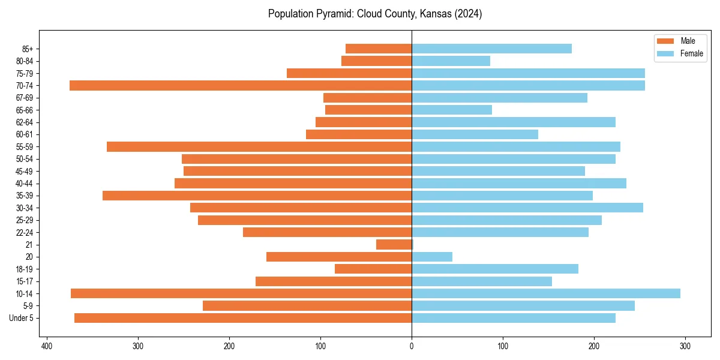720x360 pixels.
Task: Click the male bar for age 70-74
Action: point(240,85)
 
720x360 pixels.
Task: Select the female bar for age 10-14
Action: point(546,293)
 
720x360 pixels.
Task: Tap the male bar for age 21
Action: point(394,244)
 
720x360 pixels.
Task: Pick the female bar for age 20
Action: point(432,257)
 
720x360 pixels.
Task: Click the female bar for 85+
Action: point(491,49)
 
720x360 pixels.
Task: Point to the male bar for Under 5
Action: point(243,318)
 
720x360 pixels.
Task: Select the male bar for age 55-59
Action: point(259,146)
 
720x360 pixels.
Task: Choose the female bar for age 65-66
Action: point(452,110)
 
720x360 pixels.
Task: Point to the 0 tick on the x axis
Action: point(412,346)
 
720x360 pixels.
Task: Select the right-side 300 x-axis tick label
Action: point(685,346)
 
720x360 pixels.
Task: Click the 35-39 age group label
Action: point(24,196)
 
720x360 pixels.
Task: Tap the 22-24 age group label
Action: point(24,232)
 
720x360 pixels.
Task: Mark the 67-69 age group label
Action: point(24,98)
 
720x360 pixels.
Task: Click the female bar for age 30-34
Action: point(527,208)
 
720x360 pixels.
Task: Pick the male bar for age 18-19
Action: point(373,269)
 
